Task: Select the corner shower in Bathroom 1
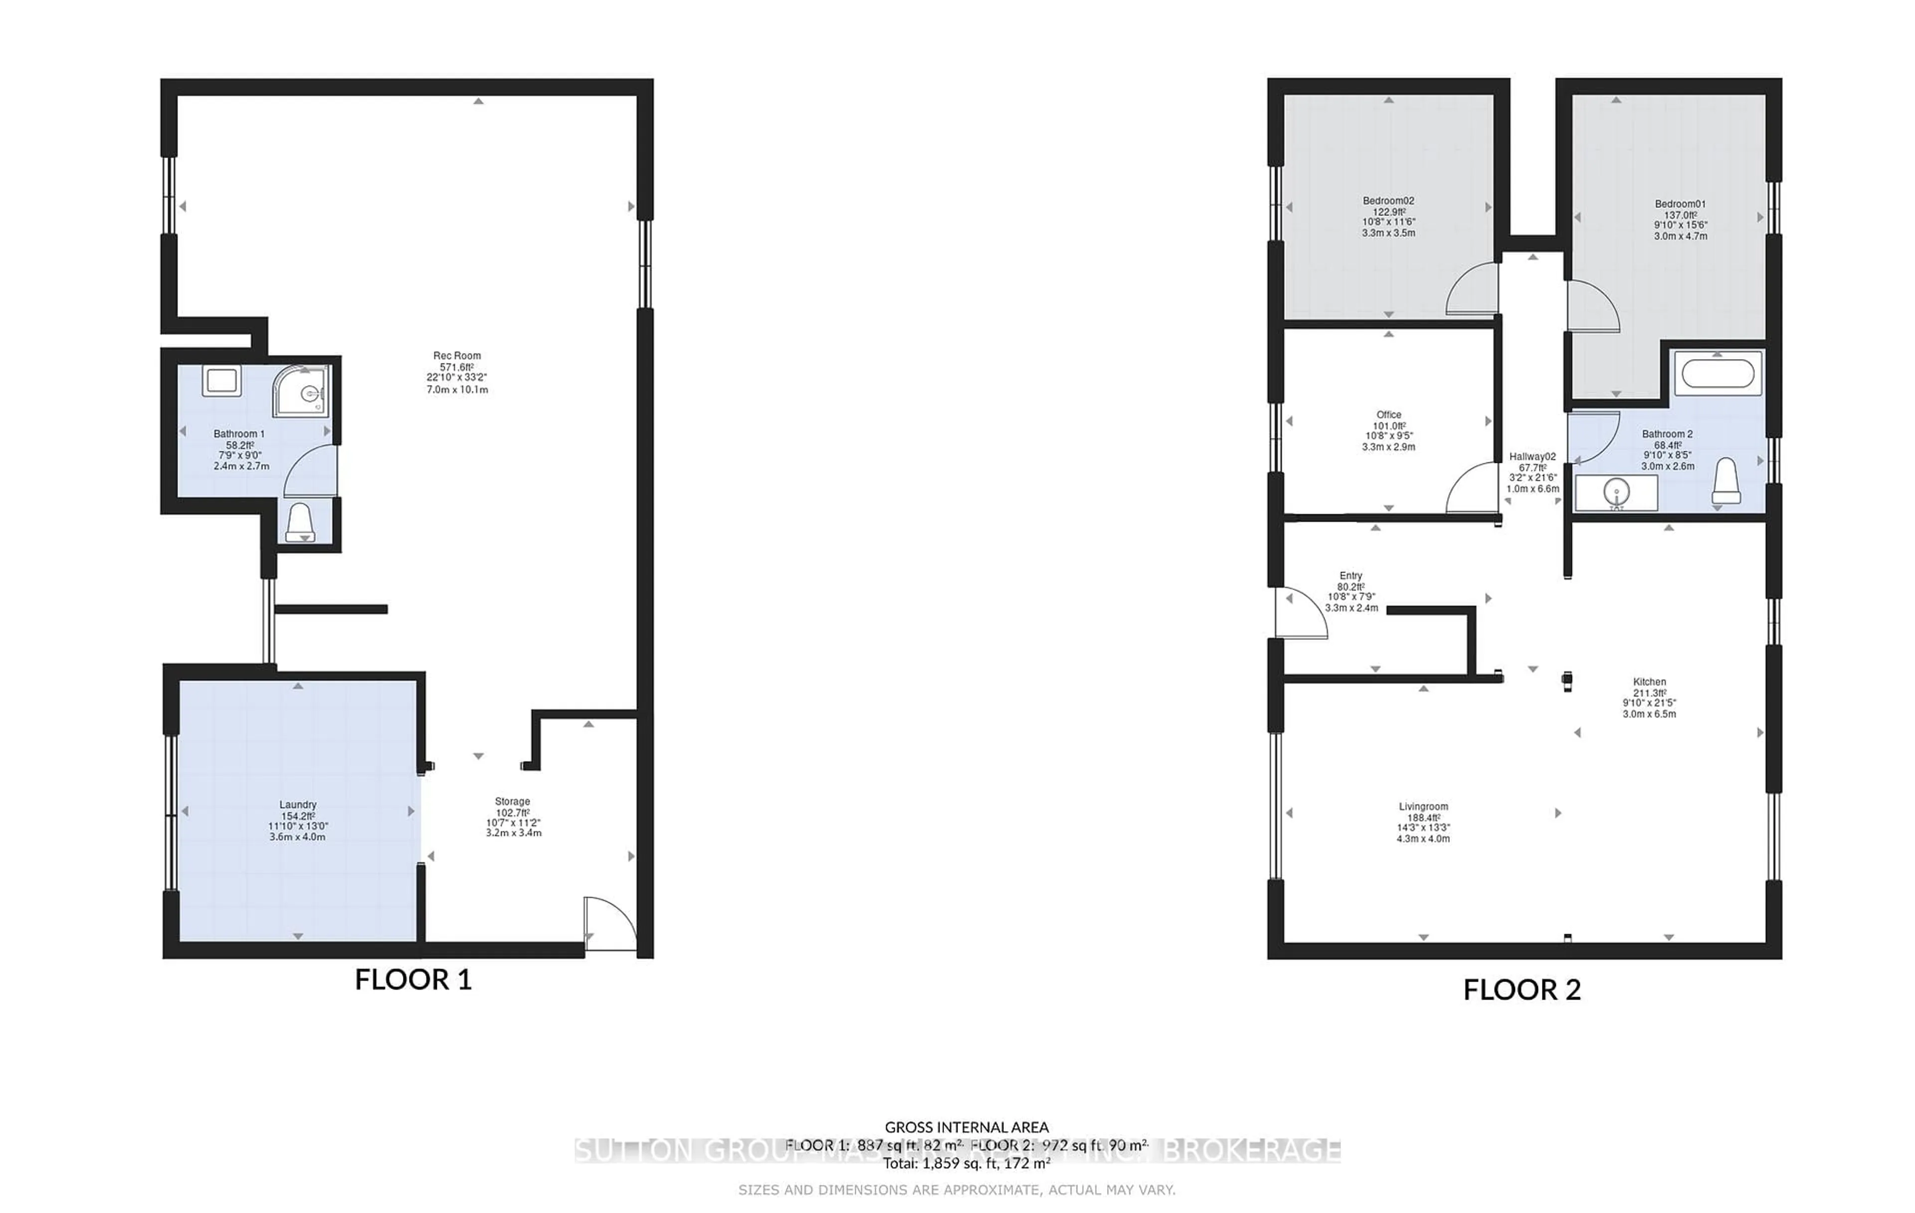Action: (301, 391)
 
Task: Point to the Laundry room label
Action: (297, 805)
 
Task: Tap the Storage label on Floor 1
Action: (512, 802)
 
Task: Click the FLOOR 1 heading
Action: (413, 979)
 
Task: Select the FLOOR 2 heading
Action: (1522, 990)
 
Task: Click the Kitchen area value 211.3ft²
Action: (1649, 693)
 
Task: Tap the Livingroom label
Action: (1423, 807)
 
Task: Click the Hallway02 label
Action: (1532, 456)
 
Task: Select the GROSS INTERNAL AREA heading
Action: (966, 1127)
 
